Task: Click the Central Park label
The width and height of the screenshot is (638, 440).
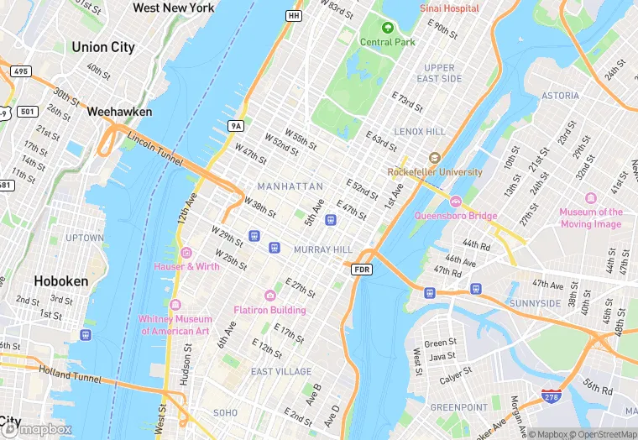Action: (387, 42)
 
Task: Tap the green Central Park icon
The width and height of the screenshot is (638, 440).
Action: (388, 28)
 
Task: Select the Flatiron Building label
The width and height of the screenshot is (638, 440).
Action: (269, 310)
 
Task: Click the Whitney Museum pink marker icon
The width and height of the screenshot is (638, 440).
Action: (175, 305)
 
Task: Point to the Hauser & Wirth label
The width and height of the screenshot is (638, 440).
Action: (186, 266)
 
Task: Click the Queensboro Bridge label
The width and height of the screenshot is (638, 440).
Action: (456, 215)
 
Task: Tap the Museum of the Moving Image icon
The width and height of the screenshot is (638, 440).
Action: (590, 198)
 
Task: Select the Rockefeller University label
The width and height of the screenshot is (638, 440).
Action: (435, 172)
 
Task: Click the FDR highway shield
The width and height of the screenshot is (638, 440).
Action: (362, 269)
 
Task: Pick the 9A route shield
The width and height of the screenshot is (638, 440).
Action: (236, 126)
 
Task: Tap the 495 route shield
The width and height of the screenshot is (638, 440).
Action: (21, 71)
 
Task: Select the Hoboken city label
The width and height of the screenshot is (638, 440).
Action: (60, 281)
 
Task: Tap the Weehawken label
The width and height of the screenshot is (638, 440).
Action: (119, 111)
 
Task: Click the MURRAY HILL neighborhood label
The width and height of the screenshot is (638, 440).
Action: (323, 250)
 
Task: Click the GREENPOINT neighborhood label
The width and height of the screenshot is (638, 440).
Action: (458, 407)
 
